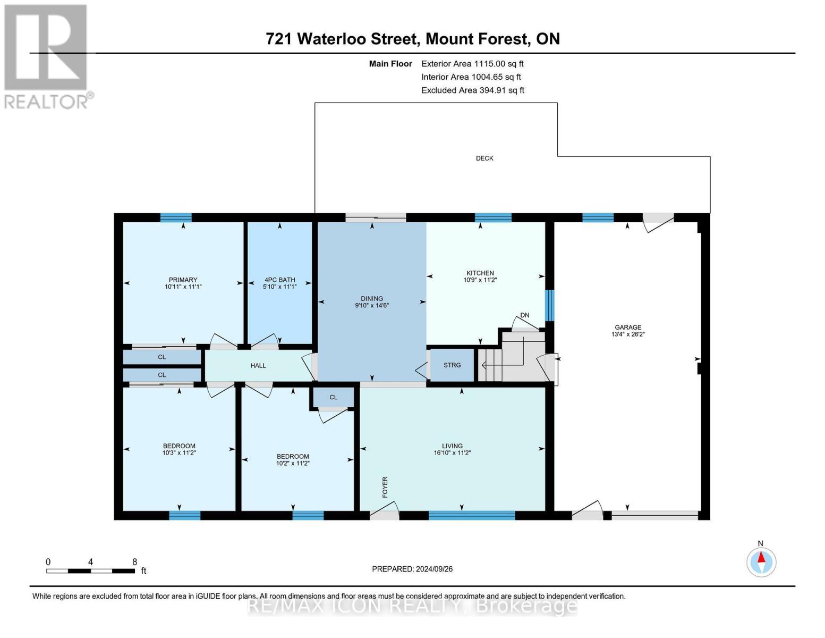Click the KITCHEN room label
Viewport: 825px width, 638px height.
coord(480,273)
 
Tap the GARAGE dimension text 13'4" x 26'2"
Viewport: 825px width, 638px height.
coord(628,334)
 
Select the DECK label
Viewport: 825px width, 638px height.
coord(484,158)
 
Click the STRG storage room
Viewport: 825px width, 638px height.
coord(452,365)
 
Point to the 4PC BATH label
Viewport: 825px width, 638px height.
coord(279,280)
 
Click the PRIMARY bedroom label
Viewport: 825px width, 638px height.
coord(183,280)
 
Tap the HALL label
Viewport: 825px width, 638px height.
coord(258,365)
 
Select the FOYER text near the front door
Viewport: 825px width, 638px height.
coord(385,487)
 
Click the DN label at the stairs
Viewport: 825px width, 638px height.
coord(525,315)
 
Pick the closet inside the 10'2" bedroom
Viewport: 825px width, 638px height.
coord(333,397)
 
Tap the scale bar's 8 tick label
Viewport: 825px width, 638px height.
coord(134,562)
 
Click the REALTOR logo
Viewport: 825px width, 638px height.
coord(47,56)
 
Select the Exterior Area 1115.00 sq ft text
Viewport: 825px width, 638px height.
coord(472,63)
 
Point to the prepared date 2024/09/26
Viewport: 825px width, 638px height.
coord(412,569)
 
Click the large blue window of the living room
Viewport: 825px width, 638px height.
coord(472,515)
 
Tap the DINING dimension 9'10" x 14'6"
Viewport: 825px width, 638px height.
coord(372,306)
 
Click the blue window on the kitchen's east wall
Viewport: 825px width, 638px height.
coord(550,305)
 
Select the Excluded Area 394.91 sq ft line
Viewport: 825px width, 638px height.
coord(473,90)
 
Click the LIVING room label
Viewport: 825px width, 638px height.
coord(452,446)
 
